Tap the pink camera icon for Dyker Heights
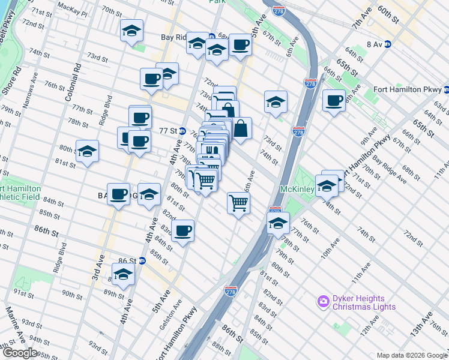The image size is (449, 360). click(x=324, y=300)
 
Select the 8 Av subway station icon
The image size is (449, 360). click(x=387, y=44)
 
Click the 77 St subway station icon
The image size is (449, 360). click(x=181, y=130)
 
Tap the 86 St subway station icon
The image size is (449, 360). click(x=142, y=261)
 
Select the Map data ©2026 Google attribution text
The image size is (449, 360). click(x=412, y=355)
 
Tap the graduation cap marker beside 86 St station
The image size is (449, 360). click(x=124, y=275)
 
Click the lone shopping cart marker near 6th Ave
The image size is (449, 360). click(x=238, y=203)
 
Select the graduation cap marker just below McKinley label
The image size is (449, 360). click(x=278, y=224)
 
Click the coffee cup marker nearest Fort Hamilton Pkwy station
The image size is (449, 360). click(x=334, y=100)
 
